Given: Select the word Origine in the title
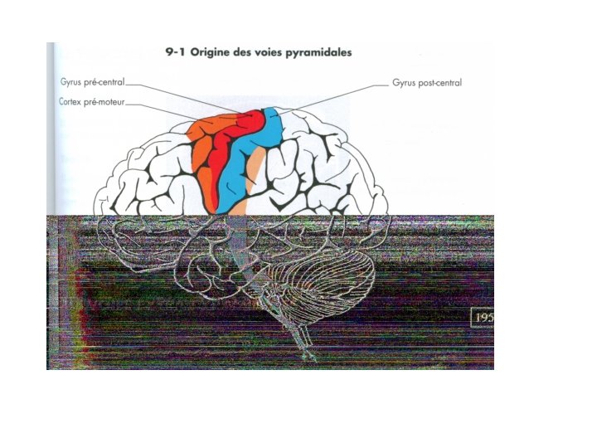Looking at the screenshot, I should [215, 52].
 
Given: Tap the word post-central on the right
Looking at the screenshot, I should [439, 83].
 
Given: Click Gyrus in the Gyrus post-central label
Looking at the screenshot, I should [404, 83].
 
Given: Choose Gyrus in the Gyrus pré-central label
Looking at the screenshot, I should [72, 84].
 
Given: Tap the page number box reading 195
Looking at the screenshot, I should [482, 318].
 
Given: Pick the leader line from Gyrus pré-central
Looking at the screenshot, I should [191, 98].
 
